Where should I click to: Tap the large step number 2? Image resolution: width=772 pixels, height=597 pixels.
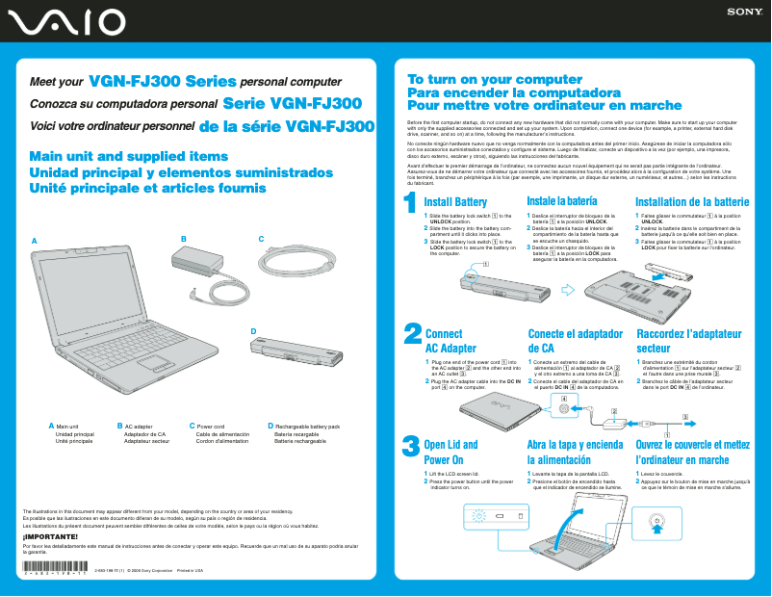[x=411, y=335]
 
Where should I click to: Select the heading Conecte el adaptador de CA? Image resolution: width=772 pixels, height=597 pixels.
[x=573, y=341]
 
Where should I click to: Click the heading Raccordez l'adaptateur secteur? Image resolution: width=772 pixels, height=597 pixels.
[x=689, y=341]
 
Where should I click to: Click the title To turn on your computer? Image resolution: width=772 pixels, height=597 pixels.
[x=481, y=79]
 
